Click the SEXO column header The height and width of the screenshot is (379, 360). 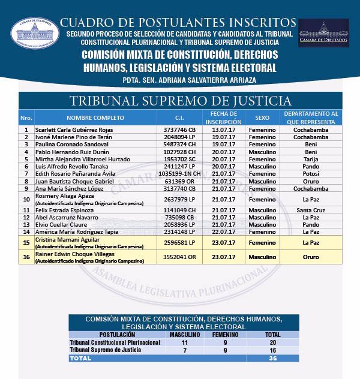(x=262, y=118)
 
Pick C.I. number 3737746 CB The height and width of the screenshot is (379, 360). (x=179, y=130)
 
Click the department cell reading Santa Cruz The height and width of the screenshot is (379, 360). (x=310, y=210)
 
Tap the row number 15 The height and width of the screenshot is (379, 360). (x=26, y=243)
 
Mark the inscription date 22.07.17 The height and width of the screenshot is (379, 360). (x=219, y=231)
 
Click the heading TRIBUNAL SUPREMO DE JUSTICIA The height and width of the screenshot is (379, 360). (x=180, y=101)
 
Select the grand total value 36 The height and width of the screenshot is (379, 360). (x=272, y=358)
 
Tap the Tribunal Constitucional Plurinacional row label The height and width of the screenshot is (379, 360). (x=115, y=342)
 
